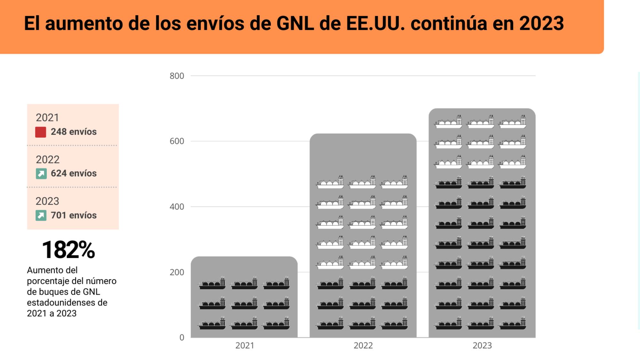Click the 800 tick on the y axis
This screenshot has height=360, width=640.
click(177, 76)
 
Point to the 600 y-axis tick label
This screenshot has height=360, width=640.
click(177, 141)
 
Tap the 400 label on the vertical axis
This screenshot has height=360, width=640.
click(177, 207)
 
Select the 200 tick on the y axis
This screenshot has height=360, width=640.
click(177, 272)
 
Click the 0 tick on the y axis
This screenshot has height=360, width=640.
click(182, 337)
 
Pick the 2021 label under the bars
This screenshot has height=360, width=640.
click(244, 346)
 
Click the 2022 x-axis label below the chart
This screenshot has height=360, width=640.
click(363, 346)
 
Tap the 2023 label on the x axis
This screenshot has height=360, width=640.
click(482, 346)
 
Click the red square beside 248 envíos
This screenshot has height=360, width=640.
click(41, 132)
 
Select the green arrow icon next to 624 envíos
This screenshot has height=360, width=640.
click(41, 174)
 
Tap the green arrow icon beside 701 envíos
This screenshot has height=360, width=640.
click(41, 215)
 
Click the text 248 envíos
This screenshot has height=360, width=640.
click(74, 132)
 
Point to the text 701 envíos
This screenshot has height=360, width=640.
click(74, 215)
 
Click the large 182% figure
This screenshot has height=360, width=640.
click(68, 250)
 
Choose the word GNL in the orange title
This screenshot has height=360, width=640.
click(295, 23)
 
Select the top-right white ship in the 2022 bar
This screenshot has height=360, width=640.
click(394, 182)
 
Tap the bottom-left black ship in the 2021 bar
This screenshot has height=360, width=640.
click(212, 324)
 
